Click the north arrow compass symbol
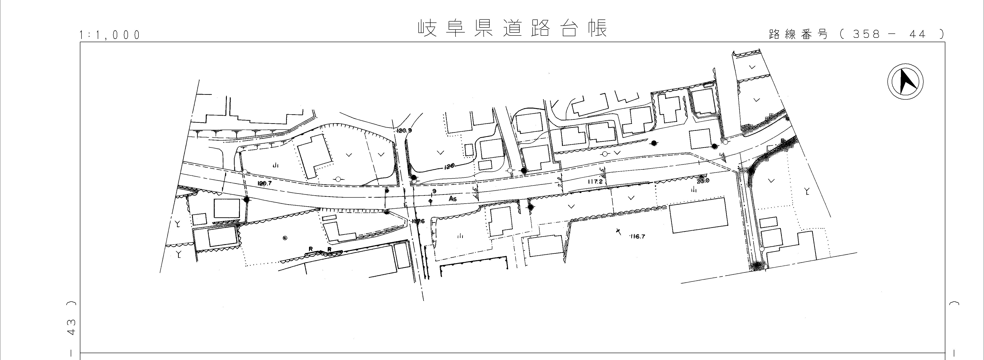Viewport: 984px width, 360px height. [905, 82]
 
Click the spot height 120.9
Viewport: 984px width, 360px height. [404, 130]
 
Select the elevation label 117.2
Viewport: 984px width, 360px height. [595, 182]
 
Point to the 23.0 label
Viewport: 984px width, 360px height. [703, 181]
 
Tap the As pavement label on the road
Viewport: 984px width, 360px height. [453, 199]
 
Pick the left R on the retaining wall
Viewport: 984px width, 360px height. [311, 249]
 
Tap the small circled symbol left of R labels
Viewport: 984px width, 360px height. [285, 238]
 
